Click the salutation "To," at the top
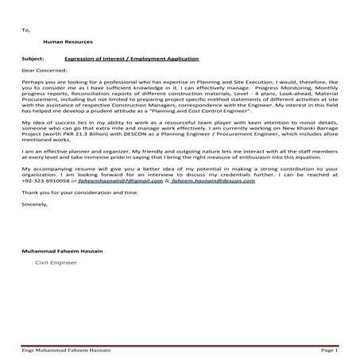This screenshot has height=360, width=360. [x=26, y=29]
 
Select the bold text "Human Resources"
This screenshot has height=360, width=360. [x=68, y=41]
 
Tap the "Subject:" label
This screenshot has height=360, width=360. [x=34, y=60]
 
